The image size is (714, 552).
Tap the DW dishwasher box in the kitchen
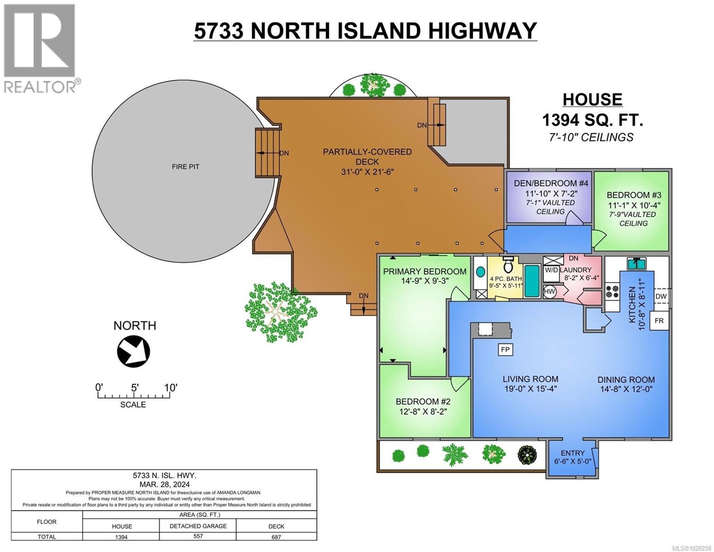click(661, 297)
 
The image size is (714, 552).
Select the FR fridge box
click(659, 321)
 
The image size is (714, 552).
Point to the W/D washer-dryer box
click(551, 270)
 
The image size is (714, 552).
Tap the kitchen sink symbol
click(637, 263)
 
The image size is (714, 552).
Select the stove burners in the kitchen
click(612, 292)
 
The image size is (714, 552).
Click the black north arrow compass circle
click(133, 352)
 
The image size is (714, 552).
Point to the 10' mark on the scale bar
click(170, 388)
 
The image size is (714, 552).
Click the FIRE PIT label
click(185, 167)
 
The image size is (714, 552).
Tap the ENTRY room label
click(572, 453)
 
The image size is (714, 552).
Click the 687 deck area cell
click(276, 537)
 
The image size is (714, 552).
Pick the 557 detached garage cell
click(198, 537)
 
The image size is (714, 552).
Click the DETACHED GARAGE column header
click(198, 526)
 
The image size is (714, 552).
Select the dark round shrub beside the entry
click(527, 455)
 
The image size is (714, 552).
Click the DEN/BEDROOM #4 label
click(551, 183)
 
